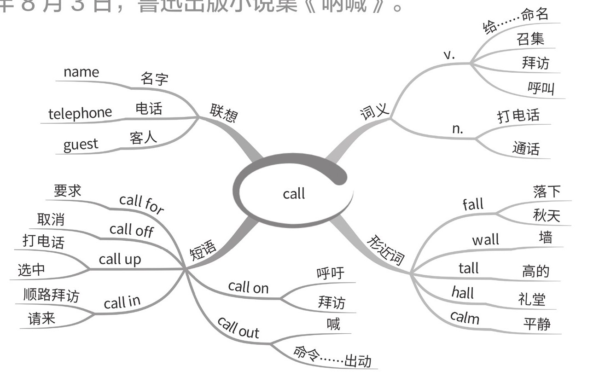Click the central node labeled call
tap(294, 193)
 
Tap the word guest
tap(81, 145)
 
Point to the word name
tap(81, 72)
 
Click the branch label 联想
tap(224, 113)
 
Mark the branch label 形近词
tap(386, 251)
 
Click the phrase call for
tap(141, 204)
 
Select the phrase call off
tap(131, 230)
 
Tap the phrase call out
tap(238, 327)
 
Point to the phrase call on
tap(248, 287)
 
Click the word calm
tap(465, 317)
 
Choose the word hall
tap(463, 292)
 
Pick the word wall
tap(485, 240)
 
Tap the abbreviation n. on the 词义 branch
tap(457, 129)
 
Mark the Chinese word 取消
tap(51, 220)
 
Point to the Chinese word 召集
tap(530, 39)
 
